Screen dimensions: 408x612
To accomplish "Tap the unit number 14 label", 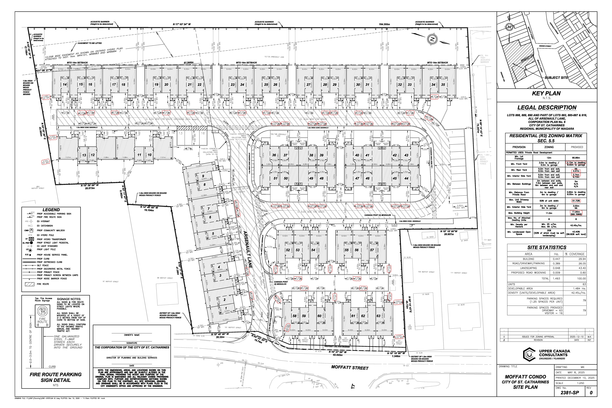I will click(65, 85).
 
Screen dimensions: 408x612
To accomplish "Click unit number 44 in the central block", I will click(406, 178).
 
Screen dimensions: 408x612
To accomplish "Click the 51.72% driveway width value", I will click(576, 201).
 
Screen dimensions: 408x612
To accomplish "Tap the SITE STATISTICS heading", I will click(547, 247).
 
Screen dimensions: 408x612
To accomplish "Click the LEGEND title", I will click(51, 210).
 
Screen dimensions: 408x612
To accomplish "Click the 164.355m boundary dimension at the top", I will click(385, 24).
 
